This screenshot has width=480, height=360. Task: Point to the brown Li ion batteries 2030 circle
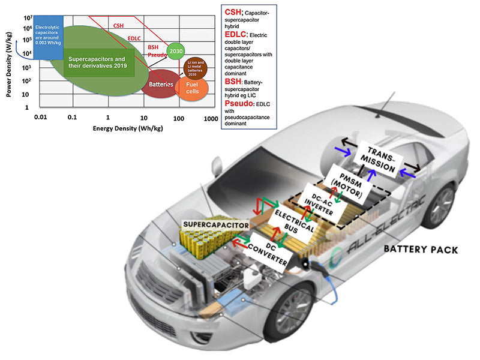(195, 67)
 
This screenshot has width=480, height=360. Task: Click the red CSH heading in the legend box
(233, 11)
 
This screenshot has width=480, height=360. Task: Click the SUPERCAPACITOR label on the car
(215, 225)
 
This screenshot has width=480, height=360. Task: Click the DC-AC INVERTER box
(320, 202)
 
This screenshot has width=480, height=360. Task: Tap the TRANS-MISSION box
(382, 158)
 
